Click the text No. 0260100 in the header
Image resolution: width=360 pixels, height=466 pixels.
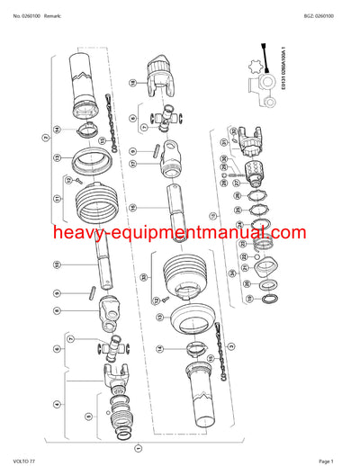[20, 8]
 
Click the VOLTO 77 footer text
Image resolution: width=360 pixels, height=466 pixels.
[21, 459]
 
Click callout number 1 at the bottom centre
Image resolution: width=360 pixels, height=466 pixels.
[137, 446]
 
